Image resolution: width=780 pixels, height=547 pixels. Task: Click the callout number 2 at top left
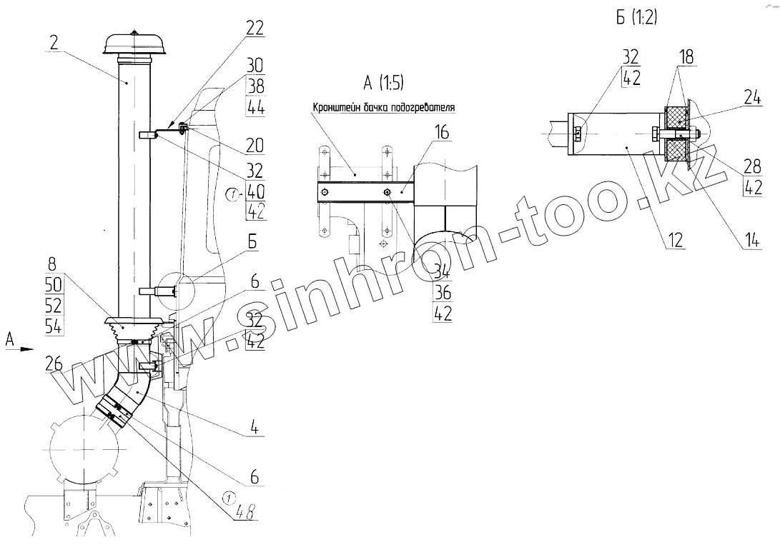tap(54, 42)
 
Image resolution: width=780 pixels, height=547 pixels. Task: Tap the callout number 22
tap(255, 28)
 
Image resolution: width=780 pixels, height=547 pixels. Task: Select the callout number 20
tap(255, 145)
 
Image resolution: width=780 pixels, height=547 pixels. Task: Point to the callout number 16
tap(441, 132)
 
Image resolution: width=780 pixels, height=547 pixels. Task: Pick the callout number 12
tap(675, 240)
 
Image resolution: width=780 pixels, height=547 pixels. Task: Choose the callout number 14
tap(752, 240)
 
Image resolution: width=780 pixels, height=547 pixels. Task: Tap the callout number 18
tap(686, 56)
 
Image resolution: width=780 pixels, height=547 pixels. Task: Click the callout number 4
tap(255, 427)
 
